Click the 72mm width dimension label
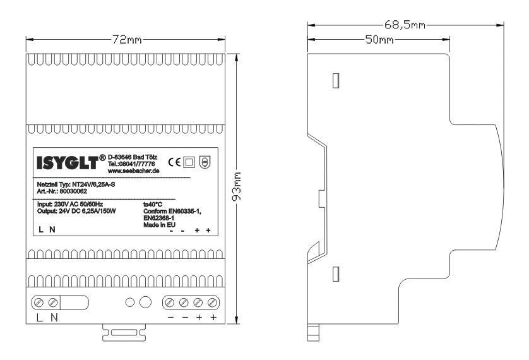[127, 40]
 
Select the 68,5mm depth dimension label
[405, 25]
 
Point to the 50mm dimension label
[379, 40]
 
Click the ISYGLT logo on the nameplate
[71, 162]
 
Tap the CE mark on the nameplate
[174, 162]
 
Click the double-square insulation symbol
[189, 162]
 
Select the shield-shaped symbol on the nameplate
[205, 162]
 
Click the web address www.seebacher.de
[133, 171]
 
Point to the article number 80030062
[73, 191]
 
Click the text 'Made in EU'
[159, 225]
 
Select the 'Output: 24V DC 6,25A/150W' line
[76, 211]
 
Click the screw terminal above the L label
[39, 303]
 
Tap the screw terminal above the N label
[53, 303]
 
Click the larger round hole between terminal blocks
[145, 303]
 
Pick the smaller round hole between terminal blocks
[130, 303]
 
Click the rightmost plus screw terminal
[212, 303]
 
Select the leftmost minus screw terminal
[170, 303]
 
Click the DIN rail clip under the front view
[124, 332]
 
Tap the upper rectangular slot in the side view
[336, 81]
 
